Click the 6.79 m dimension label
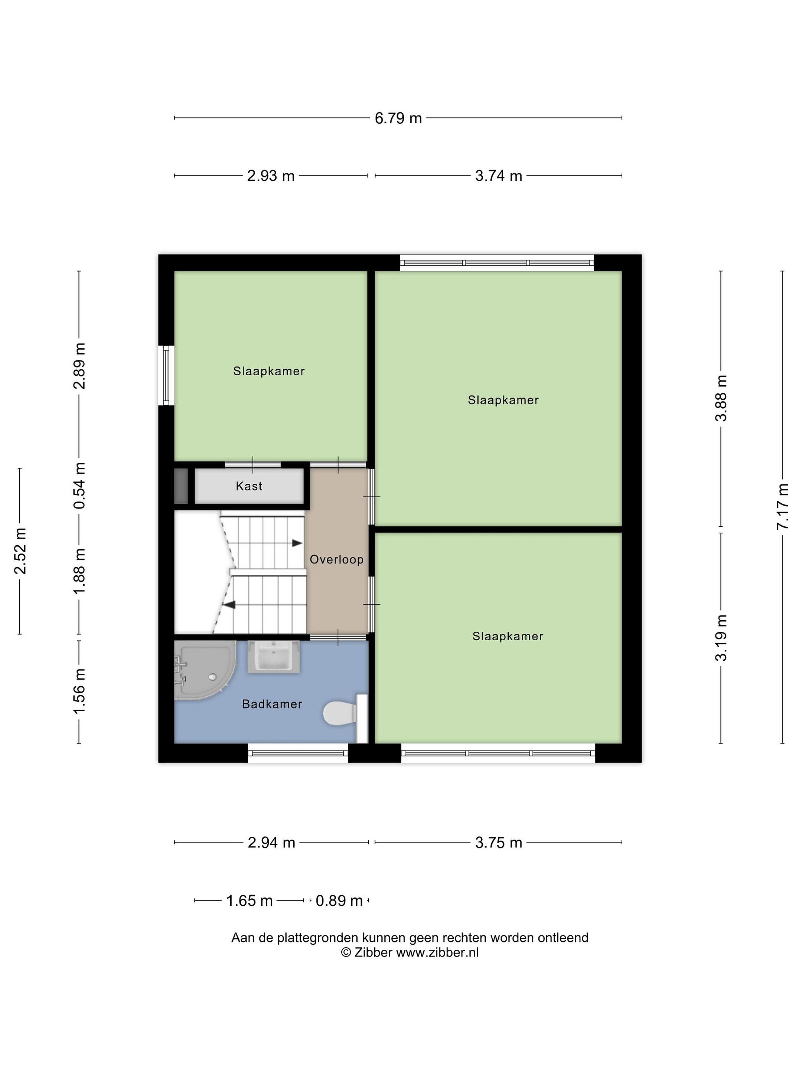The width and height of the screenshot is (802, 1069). point(398,118)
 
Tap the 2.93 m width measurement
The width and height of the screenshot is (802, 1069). point(271,176)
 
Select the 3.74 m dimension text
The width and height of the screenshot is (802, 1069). point(498,176)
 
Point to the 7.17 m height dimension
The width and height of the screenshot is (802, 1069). point(782,506)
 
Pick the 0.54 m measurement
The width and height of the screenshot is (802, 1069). point(79,486)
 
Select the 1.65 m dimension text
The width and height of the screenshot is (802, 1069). point(250,901)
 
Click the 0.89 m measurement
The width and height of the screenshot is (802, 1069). point(339,901)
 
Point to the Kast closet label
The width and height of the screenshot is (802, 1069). point(249,486)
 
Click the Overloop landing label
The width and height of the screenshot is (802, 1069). point(336,560)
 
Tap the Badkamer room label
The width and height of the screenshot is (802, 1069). point(272,704)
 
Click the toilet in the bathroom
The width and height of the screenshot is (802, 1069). point(344,714)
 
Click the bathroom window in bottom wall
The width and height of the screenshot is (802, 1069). point(298,753)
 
